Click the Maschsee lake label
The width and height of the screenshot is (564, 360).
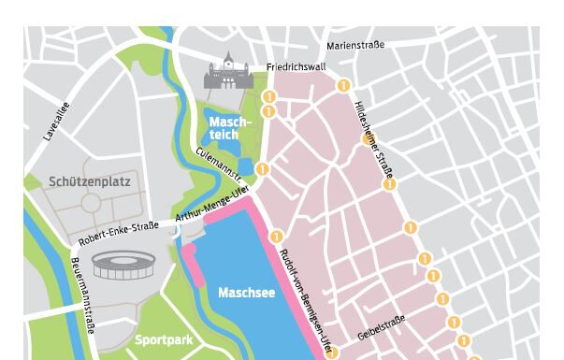[246, 293]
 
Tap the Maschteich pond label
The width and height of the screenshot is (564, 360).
[229, 128]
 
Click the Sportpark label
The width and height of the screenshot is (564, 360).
[164, 340]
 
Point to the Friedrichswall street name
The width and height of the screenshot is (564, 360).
[296, 67]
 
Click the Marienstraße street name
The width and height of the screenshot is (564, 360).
[354, 44]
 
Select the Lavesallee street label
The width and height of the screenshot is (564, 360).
[56, 122]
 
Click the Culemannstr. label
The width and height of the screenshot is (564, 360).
[219, 164]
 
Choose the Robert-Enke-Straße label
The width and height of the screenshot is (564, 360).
[119, 233]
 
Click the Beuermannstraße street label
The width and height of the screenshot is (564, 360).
[83, 295]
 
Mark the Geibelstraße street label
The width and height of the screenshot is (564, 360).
[381, 327]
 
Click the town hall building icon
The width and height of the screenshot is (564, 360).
[224, 72]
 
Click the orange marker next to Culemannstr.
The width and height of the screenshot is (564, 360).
[263, 169]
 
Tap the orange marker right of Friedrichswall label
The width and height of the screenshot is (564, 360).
[343, 85]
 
